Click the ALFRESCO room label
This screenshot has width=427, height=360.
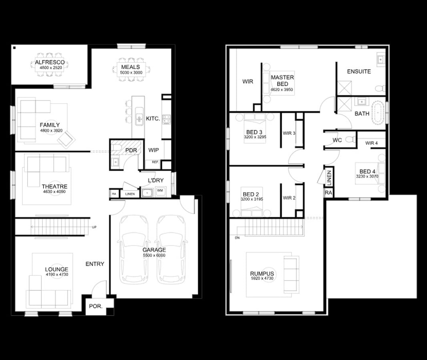[50, 62]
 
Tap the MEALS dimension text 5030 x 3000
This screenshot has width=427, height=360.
[131, 73]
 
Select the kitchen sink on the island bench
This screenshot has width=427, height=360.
[139, 118]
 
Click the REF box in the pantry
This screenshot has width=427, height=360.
[154, 162]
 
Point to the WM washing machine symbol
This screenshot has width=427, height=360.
[160, 191]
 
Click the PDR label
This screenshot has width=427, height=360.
[131, 150]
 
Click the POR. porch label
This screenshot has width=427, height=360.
[95, 306]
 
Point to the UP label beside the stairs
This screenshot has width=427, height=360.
[94, 227]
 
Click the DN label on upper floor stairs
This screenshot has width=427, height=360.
[238, 238]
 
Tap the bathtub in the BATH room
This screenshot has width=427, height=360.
[378, 114]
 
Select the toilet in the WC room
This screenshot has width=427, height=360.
[350, 140]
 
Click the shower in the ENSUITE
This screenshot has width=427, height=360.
[345, 88]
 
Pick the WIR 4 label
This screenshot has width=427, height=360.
[371, 143]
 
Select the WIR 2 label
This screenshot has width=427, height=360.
[289, 198]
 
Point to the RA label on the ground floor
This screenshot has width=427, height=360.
[114, 194]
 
